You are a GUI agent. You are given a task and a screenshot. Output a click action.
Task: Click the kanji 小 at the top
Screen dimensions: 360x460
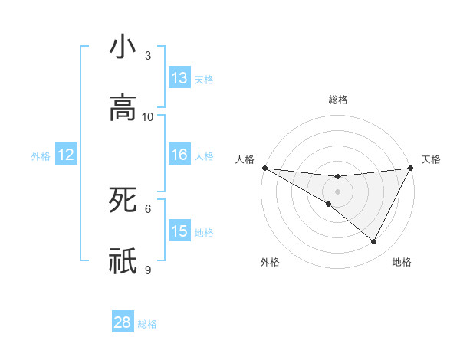point(123,47)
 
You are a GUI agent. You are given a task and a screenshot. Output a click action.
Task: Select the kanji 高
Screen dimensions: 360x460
point(123,108)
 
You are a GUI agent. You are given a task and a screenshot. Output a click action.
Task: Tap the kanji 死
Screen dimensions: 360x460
point(123,201)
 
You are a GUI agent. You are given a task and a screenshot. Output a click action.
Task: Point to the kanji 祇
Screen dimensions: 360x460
point(123,261)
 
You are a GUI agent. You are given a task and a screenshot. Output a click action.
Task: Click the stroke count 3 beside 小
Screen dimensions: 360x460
point(148,56)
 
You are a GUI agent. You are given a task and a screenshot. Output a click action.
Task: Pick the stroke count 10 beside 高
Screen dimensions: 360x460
point(148,116)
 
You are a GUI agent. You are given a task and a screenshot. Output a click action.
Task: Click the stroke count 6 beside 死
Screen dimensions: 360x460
point(148,208)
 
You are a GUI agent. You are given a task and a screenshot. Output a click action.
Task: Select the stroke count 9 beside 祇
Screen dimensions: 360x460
point(148,270)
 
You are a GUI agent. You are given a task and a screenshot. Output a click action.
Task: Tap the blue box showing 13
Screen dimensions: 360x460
point(179,78)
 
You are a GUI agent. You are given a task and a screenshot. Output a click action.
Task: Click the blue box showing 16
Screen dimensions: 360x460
point(179,155)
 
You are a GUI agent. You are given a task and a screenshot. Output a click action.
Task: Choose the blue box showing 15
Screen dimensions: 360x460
point(179,231)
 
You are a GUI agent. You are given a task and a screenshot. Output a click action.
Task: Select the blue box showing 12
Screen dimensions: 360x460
point(66,155)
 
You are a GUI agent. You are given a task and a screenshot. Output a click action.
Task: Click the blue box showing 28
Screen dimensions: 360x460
point(123,322)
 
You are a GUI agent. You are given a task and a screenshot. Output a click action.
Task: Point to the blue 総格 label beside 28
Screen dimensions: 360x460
point(148,324)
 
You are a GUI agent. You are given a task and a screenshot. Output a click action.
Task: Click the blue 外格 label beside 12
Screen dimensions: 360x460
point(41,156)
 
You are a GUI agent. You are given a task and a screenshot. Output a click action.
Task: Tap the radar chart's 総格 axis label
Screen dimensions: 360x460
point(337,100)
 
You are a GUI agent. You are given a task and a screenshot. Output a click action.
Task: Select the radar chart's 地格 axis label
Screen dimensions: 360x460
point(402,263)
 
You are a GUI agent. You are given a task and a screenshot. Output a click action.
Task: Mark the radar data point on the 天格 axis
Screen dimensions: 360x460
point(410,168)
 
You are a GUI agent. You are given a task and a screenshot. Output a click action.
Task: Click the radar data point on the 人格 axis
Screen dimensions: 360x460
point(264,168)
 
